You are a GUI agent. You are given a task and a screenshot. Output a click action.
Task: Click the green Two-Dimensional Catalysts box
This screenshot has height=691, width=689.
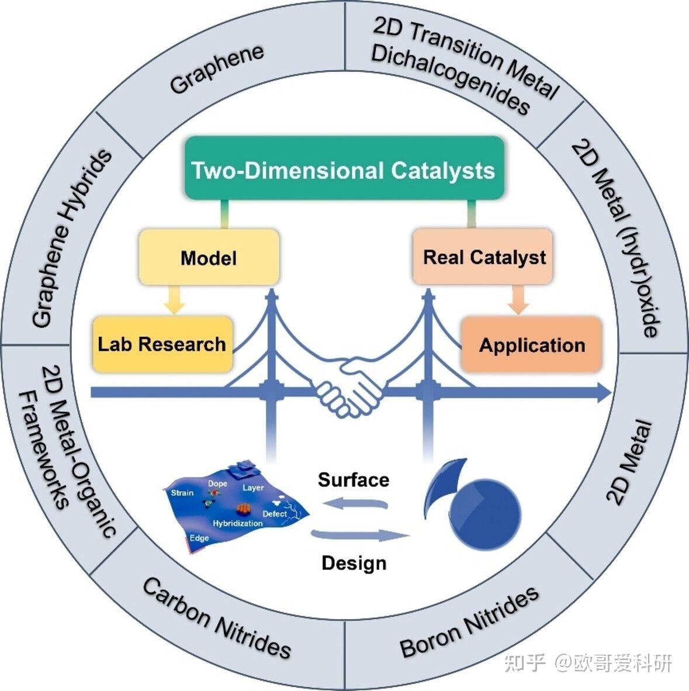(344, 168)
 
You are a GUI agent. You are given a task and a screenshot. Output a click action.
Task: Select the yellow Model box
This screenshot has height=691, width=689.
(209, 257)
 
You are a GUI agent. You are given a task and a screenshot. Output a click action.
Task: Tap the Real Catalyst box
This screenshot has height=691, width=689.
(483, 257)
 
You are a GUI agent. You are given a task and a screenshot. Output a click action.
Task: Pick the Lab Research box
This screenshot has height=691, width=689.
(162, 344)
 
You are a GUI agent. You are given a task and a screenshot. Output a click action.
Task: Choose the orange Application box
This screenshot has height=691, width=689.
(531, 344)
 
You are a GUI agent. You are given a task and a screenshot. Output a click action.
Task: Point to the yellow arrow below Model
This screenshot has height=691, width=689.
(175, 300)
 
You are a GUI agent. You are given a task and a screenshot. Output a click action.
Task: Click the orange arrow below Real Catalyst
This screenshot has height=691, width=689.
(518, 300)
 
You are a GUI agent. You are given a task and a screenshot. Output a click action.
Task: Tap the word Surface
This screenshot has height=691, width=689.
(354, 480)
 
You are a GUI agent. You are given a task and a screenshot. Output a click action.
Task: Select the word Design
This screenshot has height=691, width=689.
(354, 563)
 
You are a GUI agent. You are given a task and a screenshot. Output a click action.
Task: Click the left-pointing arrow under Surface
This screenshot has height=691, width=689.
(355, 504)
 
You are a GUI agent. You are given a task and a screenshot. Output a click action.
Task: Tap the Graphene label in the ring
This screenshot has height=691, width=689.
(217, 69)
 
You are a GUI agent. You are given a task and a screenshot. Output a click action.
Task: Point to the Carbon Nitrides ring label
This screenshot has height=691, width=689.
(217, 618)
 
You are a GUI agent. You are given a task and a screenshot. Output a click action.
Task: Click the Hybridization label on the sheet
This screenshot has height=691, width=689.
(237, 523)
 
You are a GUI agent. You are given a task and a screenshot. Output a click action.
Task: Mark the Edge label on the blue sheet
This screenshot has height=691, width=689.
(199, 538)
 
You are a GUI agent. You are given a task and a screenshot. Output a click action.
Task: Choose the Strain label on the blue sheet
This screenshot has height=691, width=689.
(182, 493)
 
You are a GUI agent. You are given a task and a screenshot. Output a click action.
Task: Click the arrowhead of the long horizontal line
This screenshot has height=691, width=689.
(604, 393)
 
